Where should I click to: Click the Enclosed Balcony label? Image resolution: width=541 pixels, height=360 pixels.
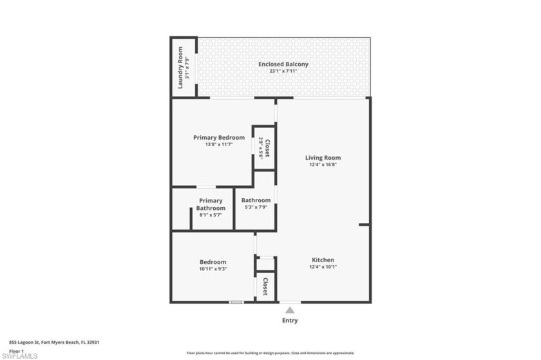(283, 64)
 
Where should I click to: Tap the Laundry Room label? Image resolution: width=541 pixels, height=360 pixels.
(181, 67)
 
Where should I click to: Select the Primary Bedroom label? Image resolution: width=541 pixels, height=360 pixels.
(219, 137)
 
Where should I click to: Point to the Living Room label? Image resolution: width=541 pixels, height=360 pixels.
(323, 157)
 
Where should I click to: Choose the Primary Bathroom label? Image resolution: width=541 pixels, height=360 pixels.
(211, 204)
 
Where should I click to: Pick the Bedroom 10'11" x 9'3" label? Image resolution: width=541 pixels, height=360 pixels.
(213, 261)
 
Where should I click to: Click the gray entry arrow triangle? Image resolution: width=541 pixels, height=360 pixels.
(290, 310)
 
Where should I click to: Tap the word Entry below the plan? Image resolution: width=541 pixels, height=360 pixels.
(290, 320)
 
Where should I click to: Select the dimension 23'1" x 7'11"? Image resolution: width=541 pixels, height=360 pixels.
(283, 71)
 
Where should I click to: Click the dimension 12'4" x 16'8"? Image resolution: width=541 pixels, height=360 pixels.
(323, 164)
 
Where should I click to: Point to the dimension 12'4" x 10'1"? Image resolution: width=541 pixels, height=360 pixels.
(323, 267)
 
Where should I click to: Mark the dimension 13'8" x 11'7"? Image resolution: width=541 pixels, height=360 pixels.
(219, 144)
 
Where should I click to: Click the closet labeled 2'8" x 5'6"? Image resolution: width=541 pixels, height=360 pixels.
(264, 148)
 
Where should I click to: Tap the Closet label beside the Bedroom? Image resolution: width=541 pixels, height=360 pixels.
(265, 285)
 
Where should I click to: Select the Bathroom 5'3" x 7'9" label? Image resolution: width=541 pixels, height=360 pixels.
(256, 204)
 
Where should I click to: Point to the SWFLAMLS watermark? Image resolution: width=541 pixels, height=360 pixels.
(20, 355)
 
